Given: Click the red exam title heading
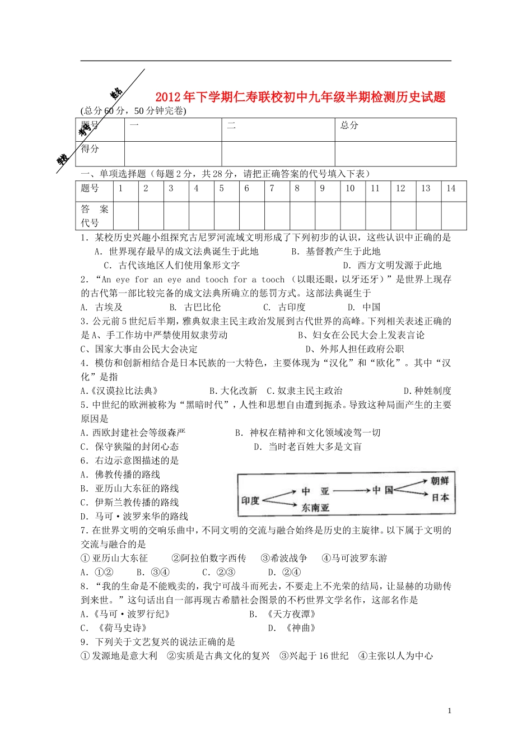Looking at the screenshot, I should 300,97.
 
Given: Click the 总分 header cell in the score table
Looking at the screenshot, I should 349,125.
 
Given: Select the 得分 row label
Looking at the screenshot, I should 90,148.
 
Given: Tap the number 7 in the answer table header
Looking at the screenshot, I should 272,188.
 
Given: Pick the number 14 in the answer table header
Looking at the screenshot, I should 451,188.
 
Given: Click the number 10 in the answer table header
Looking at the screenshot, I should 350,188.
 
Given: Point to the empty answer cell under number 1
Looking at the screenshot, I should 126,216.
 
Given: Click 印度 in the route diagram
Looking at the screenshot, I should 250,500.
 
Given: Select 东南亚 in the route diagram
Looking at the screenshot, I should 315,508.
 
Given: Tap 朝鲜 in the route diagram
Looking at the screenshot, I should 440,481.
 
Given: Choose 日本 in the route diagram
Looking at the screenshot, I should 440,497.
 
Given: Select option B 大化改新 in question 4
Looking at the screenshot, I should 233,391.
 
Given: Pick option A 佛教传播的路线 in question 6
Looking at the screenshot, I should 120,475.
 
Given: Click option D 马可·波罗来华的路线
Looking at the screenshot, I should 134,517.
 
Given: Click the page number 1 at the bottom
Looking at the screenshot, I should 449,711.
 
